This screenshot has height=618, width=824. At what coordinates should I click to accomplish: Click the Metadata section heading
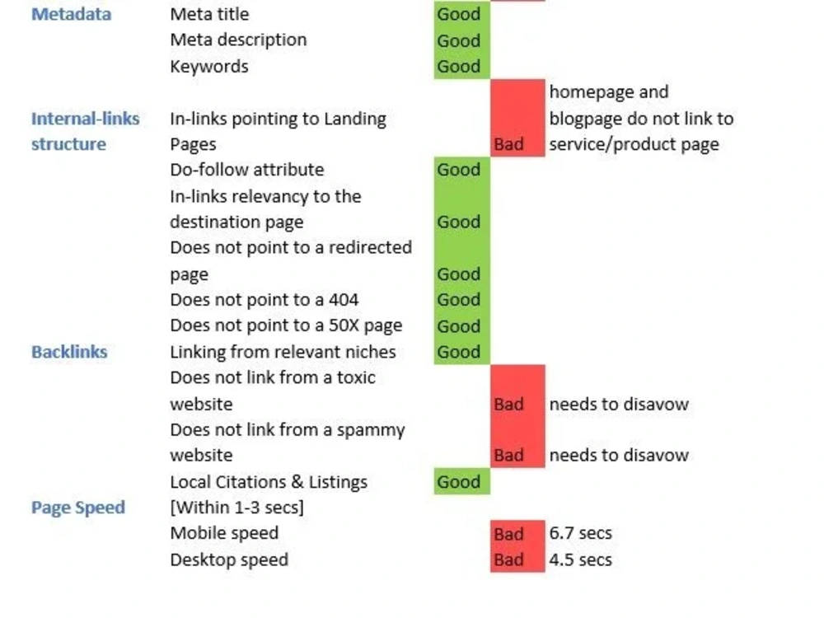click(72, 14)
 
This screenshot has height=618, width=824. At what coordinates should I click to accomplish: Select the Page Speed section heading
click(78, 508)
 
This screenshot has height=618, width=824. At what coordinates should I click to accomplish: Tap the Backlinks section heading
click(69, 352)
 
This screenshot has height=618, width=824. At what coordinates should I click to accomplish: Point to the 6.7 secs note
click(581, 533)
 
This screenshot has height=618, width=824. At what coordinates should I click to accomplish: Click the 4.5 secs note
click(581, 559)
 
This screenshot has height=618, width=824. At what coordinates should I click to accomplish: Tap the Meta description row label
click(239, 40)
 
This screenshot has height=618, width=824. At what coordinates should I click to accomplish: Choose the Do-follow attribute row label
click(247, 170)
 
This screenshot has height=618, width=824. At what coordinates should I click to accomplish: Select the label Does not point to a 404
click(265, 300)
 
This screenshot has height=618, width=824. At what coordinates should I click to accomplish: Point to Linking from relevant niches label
click(283, 352)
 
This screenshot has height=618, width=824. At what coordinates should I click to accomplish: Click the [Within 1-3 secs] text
click(237, 508)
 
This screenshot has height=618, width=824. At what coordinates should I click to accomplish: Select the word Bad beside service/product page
click(508, 144)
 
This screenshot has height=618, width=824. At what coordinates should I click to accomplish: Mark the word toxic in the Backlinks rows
click(356, 377)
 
